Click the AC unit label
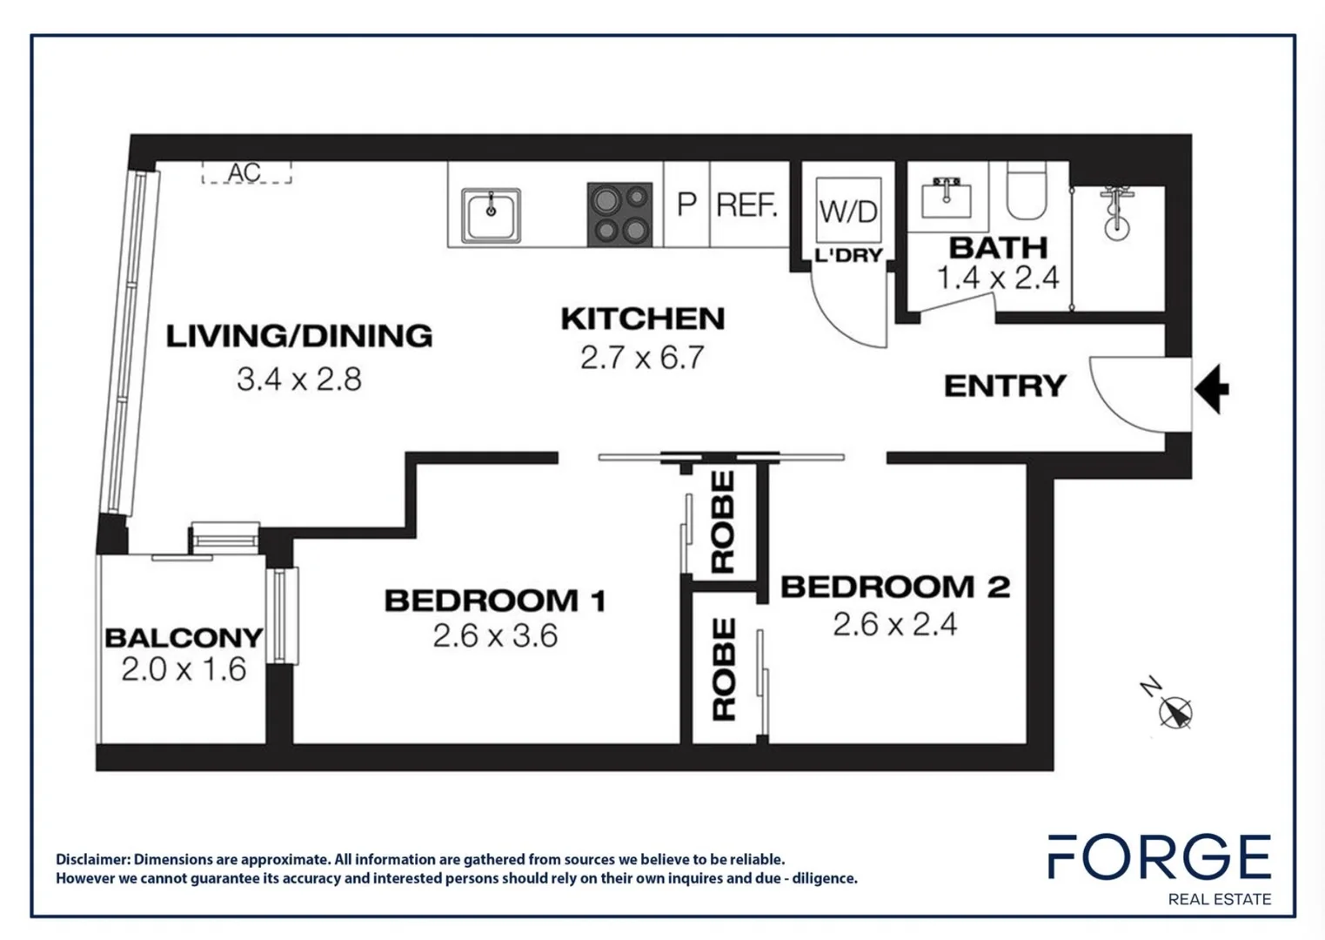(x=245, y=172)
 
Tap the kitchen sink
(x=491, y=215)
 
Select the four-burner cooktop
(x=619, y=214)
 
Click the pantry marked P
(x=686, y=205)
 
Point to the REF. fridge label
(x=746, y=205)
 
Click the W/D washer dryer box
(x=848, y=211)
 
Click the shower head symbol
(x=1115, y=212)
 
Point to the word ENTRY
(x=1005, y=386)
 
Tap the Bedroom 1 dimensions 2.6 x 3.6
(x=495, y=636)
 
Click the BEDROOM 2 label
(x=895, y=587)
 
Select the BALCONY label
(x=184, y=638)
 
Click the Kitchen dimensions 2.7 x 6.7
(x=642, y=358)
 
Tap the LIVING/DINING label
(x=299, y=336)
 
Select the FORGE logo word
(x=1159, y=857)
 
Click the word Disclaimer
(x=92, y=860)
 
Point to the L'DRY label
(x=848, y=256)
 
